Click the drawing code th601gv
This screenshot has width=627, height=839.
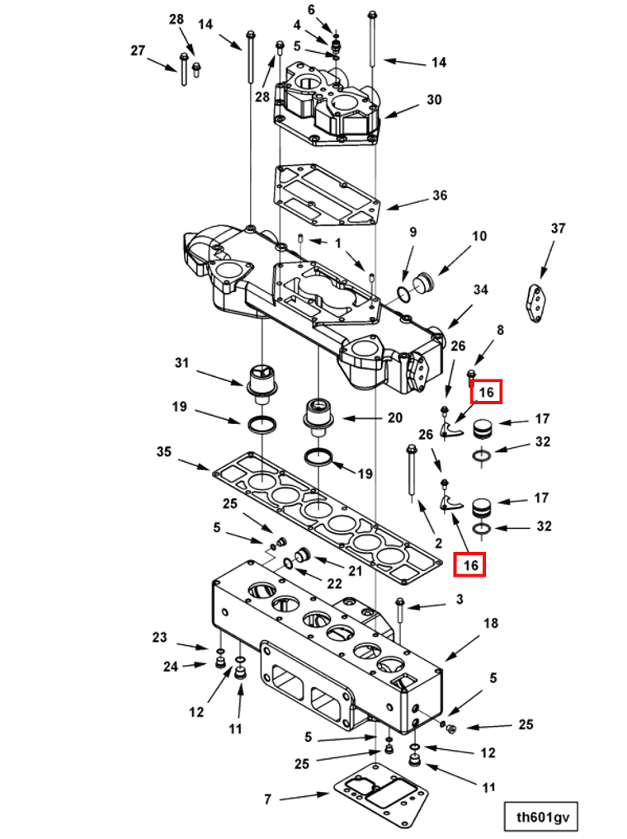point(541,818)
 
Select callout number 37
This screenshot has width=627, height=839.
point(558,229)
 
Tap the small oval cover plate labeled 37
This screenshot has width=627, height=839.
point(537,302)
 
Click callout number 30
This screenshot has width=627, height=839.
point(434,100)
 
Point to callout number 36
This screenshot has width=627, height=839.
point(440,196)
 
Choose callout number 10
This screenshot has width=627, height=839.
point(479,237)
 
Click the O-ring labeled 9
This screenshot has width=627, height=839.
point(403,295)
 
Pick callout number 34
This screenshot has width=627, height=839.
point(480,290)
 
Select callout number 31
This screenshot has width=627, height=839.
point(181,362)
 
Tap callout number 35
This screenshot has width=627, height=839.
point(163,451)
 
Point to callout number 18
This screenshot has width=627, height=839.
point(490,624)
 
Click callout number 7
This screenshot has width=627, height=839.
point(267,799)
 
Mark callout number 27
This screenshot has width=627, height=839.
point(138,50)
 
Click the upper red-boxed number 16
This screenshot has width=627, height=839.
point(486,393)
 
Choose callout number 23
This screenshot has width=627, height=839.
point(159,637)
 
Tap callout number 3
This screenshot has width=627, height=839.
point(460,599)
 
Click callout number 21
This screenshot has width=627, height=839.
point(355,571)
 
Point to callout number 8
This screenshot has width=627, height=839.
point(500,331)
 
